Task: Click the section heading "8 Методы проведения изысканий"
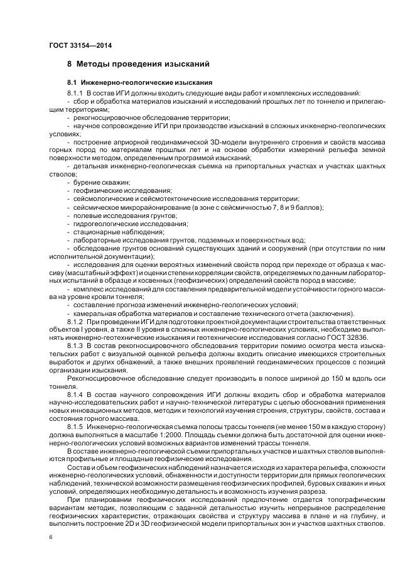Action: point(138,64)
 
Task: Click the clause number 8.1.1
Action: point(76,92)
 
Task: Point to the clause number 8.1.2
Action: point(76,321)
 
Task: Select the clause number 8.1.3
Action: point(76,346)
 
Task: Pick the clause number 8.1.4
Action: point(76,394)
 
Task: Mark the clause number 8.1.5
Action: point(76,427)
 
